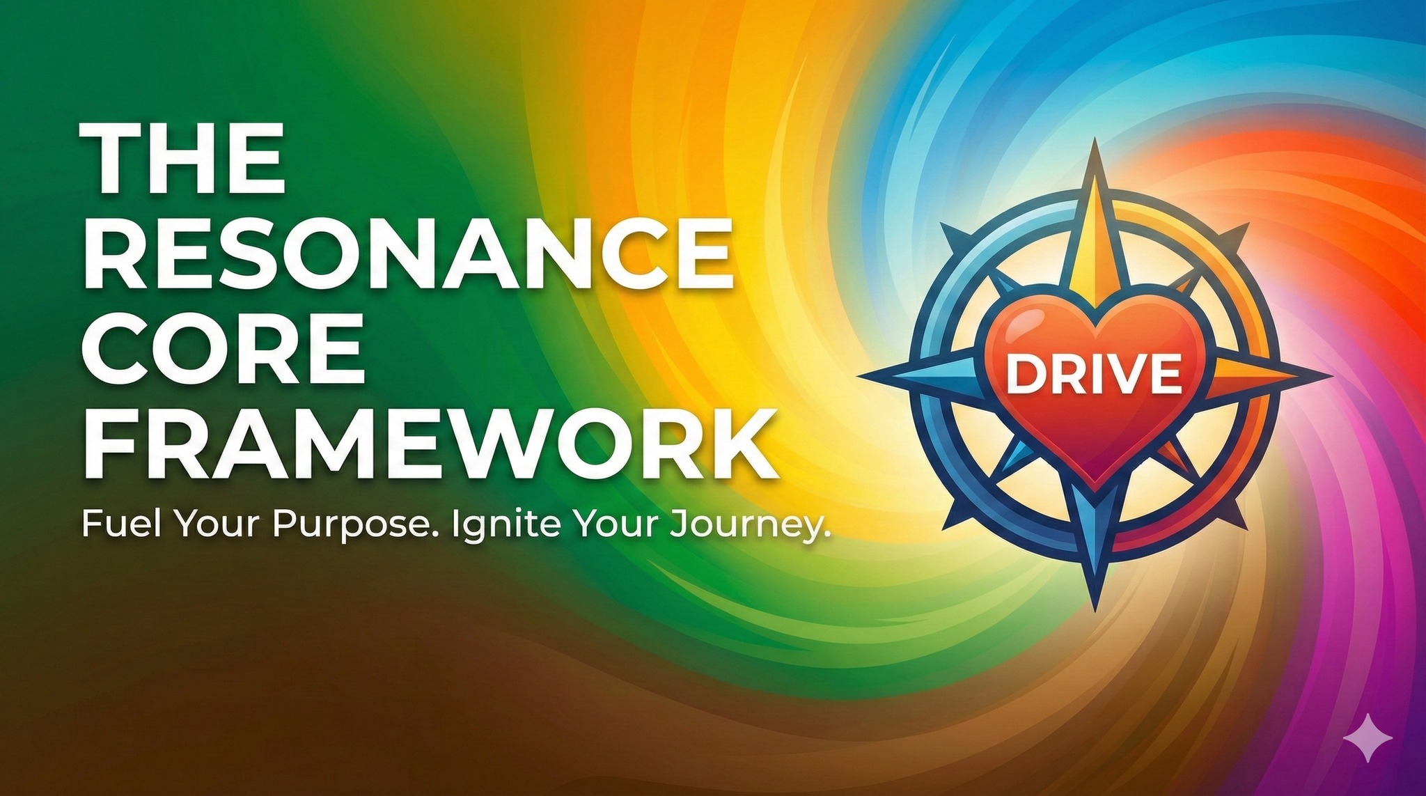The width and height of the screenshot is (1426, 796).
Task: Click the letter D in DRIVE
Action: click(x=1024, y=375)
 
